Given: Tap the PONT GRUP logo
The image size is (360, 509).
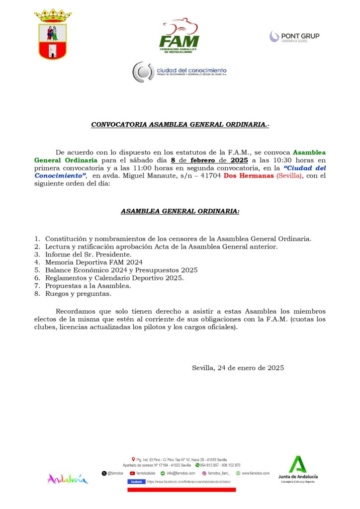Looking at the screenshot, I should pyautogui.click(x=294, y=36).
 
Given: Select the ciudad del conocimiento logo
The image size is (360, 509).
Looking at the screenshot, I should pyautogui.click(x=179, y=72).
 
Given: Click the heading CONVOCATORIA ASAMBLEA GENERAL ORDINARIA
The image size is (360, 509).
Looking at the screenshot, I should pyautogui.click(x=180, y=125).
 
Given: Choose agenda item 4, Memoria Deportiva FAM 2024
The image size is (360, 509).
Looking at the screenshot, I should pyautogui.click(x=93, y=262).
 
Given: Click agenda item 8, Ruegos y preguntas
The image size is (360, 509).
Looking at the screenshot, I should pyautogui.click(x=78, y=294).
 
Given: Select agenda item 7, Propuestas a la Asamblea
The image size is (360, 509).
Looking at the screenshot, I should pyautogui.click(x=88, y=286).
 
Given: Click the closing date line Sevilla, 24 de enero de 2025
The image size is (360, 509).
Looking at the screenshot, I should pyautogui.click(x=238, y=368).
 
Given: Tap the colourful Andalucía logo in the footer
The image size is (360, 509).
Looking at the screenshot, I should pyautogui.click(x=68, y=479).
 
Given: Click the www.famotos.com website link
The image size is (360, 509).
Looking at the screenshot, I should pyautogui.click(x=256, y=473).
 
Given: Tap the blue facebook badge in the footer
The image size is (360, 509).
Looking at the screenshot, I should pyautogui.click(x=136, y=482).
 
